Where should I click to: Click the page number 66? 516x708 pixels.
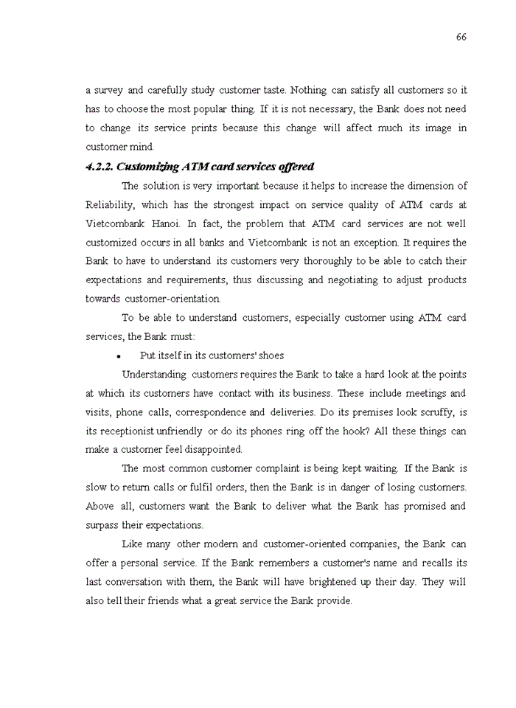click(x=461, y=37)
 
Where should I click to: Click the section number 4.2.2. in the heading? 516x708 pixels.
click(x=100, y=167)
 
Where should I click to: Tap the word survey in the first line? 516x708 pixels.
click(x=108, y=90)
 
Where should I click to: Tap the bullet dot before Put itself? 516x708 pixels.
click(x=118, y=356)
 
